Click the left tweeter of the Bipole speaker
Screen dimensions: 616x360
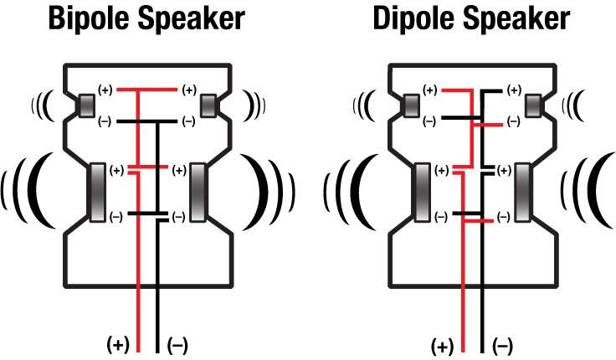point(86,105)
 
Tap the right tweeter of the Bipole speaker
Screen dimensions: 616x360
point(208,105)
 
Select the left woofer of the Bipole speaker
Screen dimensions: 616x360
point(97,193)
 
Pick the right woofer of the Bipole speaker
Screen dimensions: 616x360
point(198,193)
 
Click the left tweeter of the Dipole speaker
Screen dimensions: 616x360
point(411,105)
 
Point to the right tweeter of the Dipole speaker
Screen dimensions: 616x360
point(532,105)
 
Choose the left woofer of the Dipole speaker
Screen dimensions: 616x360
point(422,193)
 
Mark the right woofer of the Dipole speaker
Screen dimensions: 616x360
point(522,193)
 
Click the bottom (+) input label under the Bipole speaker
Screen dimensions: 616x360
point(118,346)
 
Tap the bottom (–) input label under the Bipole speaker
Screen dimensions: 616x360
point(177,346)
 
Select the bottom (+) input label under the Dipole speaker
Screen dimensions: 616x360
point(443,347)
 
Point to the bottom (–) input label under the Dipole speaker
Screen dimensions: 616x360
point(502,347)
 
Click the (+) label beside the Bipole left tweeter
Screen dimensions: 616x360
point(105,90)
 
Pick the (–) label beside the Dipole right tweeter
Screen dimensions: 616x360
point(514,122)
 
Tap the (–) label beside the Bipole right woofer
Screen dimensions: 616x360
point(179,217)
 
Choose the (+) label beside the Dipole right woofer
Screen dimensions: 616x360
point(505,171)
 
